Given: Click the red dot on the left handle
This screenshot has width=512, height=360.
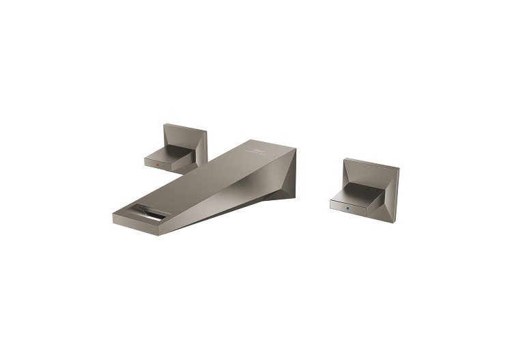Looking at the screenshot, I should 157,165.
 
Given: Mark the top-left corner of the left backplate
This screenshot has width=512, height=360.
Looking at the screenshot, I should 165,124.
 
